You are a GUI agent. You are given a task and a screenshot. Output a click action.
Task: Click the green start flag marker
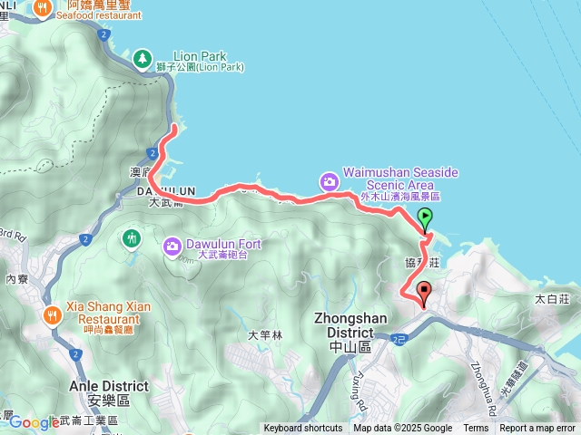424,217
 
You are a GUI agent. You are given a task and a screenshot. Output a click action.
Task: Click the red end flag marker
424,292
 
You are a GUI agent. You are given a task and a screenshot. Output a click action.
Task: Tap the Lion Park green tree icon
142,59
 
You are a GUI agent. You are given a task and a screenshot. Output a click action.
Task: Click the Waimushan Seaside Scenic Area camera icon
328,181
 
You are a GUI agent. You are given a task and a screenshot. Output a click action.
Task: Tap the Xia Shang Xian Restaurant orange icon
53,314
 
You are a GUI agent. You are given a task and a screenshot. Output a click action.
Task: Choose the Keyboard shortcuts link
303,429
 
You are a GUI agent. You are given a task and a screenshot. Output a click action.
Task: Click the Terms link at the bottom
476,429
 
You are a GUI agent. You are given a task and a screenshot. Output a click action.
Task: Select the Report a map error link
538,429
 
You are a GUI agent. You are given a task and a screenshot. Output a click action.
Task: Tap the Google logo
34,421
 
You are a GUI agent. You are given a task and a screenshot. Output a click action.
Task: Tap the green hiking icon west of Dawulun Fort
132,238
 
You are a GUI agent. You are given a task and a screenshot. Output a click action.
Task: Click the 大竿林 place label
266,335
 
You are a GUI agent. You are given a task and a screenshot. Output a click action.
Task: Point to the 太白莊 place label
551,297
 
